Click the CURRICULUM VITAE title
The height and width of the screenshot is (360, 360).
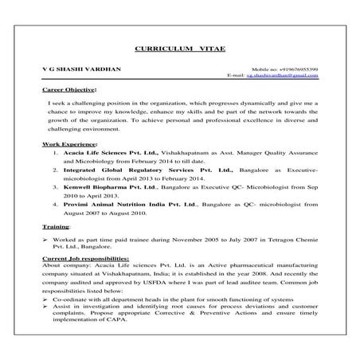179,49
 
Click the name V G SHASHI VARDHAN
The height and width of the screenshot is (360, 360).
83,70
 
